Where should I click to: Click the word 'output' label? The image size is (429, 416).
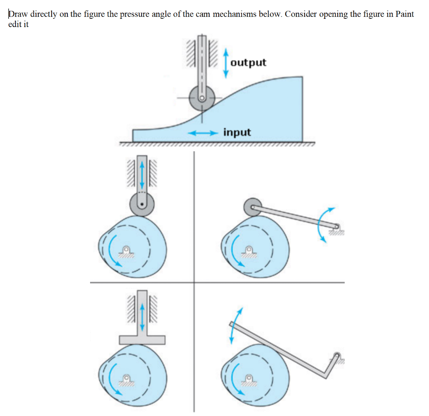pyautogui.click(x=248, y=63)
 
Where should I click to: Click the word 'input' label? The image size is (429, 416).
pyautogui.click(x=237, y=132)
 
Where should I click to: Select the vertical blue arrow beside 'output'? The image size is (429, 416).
pyautogui.click(x=226, y=63)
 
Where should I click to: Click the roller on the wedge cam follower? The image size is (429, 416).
pyautogui.click(x=202, y=98)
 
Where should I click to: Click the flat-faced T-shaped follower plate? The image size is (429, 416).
pyautogui.click(x=142, y=338)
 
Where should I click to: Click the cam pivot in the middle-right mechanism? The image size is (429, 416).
pyautogui.click(x=249, y=250)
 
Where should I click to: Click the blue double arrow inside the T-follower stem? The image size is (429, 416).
pyautogui.click(x=142, y=317)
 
